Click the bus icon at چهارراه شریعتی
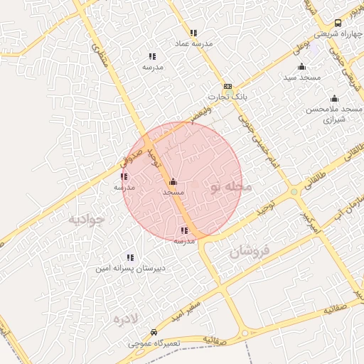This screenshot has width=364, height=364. click(x=338, y=23)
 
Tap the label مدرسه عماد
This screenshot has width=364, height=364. click(x=193, y=43)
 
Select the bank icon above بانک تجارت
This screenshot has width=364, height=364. click(x=227, y=86)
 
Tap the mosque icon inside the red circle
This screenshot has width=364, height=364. click(x=173, y=182)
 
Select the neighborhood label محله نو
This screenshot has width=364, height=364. click(x=231, y=187)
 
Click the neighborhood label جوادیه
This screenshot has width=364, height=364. click(x=86, y=218)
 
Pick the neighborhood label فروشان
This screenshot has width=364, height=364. click(x=250, y=251)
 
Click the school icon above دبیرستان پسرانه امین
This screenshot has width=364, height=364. click(x=129, y=257)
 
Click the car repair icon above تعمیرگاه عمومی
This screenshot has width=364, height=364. click(x=154, y=333)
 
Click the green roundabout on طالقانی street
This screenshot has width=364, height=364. click(x=294, y=191)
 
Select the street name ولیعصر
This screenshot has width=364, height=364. click(x=201, y=112)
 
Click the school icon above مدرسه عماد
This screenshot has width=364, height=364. click(x=193, y=33)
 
